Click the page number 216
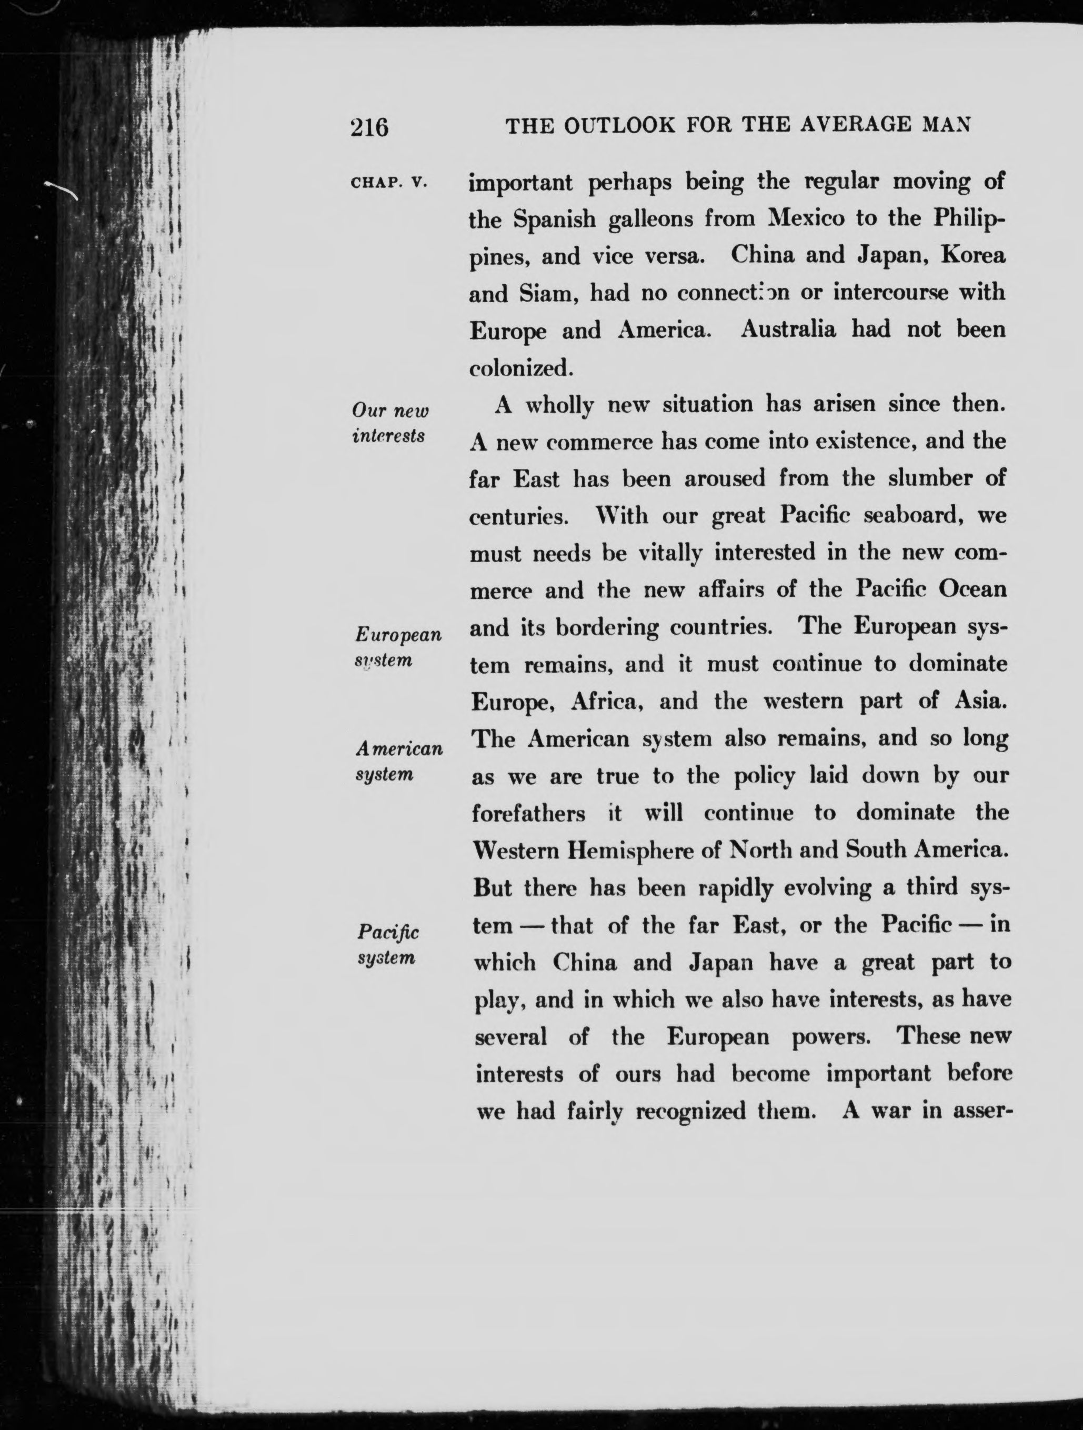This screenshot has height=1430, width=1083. pyautogui.click(x=369, y=127)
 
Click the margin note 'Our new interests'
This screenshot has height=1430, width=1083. pyautogui.click(x=390, y=423)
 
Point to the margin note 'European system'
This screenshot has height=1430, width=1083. pyautogui.click(x=398, y=646)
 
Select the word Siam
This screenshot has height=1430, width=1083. pyautogui.click(x=545, y=294)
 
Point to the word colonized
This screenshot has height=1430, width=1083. pyautogui.click(x=521, y=368)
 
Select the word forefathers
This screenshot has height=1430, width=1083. pyautogui.click(x=528, y=813)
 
